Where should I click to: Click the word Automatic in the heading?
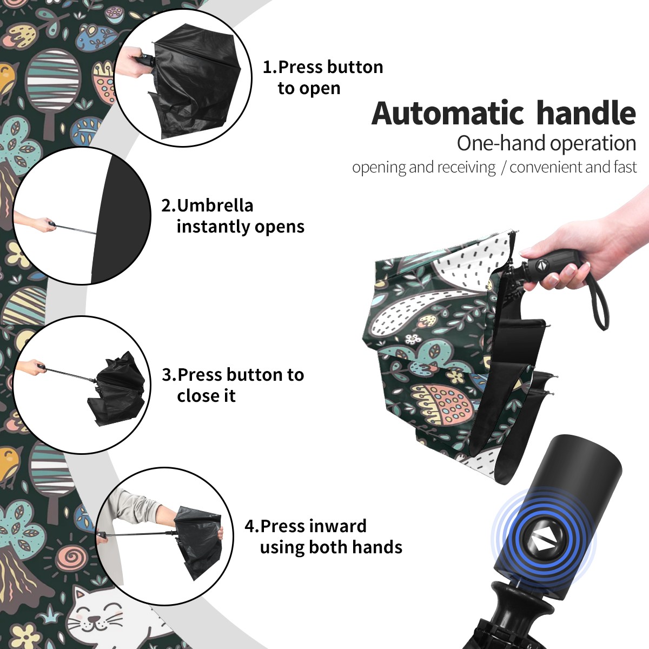(x=448, y=114)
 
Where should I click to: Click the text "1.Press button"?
(x=323, y=67)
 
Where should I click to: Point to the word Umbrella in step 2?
(x=215, y=206)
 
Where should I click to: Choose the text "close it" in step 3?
(x=206, y=395)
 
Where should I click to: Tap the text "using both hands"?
(x=331, y=547)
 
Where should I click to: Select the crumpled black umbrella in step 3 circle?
(x=118, y=389)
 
